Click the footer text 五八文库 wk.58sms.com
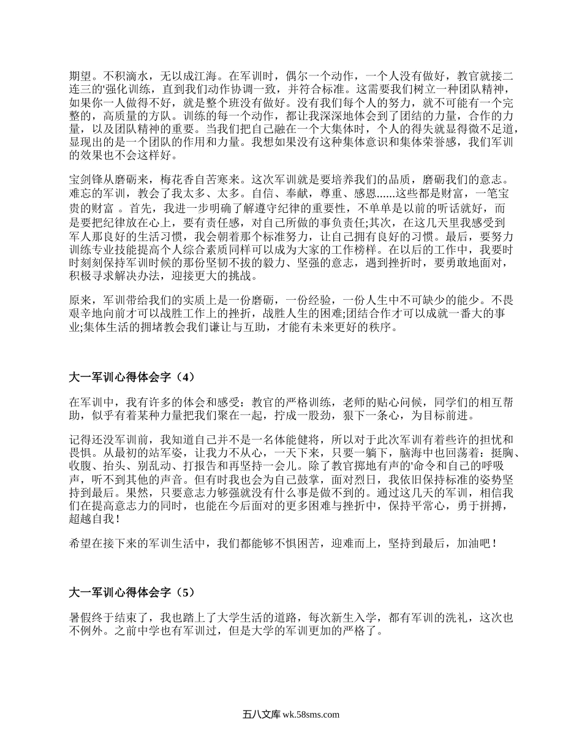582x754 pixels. point(291,714)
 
